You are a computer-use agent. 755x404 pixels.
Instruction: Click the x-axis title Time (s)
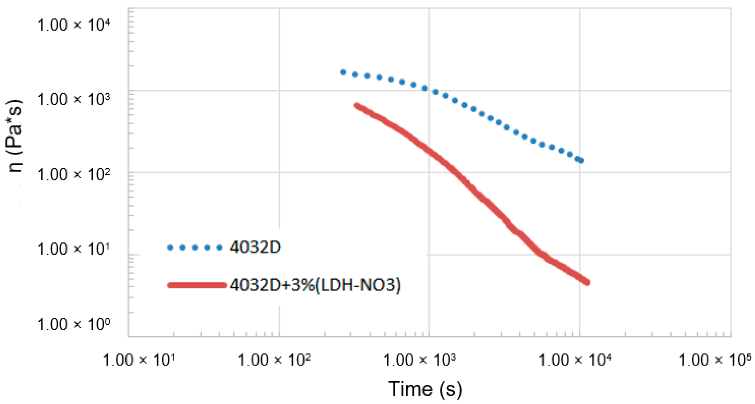pyautogui.click(x=425, y=389)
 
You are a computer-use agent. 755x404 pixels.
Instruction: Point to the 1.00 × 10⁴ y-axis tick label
pyautogui.click(x=74, y=25)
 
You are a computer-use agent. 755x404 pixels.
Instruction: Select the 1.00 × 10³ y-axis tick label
pyautogui.click(x=74, y=100)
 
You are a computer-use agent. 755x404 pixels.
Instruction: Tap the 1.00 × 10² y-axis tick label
pyautogui.click(x=74, y=175)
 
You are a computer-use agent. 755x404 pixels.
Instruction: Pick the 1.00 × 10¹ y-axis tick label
pyautogui.click(x=74, y=250)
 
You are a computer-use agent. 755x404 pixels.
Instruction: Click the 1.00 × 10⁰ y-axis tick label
pyautogui.click(x=74, y=324)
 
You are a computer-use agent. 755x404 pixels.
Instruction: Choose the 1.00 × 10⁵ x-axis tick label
pyautogui.click(x=715, y=360)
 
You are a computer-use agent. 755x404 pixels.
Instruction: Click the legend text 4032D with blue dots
pyautogui.click(x=255, y=247)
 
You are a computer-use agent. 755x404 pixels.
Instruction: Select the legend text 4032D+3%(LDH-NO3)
pyautogui.click(x=315, y=285)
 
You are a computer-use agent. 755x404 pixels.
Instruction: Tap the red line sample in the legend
pyautogui.click(x=197, y=285)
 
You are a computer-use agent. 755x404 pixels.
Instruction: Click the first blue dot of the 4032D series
pyautogui.click(x=343, y=72)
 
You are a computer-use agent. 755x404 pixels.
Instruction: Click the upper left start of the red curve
pyautogui.click(x=357, y=106)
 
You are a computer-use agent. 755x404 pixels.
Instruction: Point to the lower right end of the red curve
pyautogui.click(x=587, y=282)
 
